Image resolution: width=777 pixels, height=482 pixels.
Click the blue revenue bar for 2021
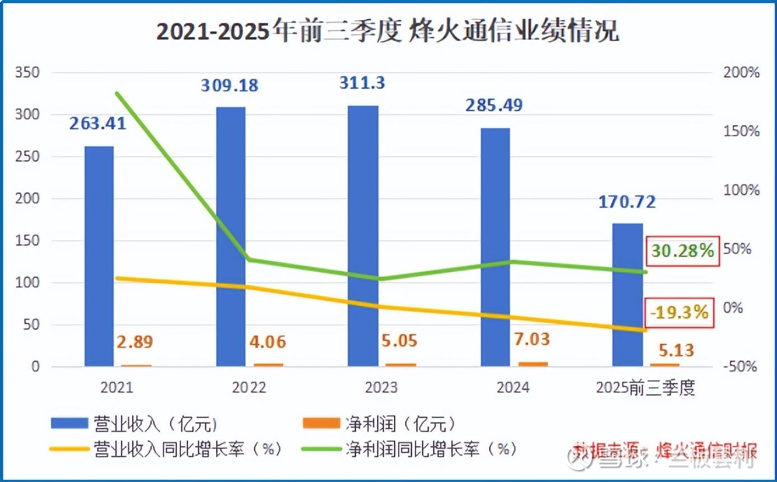99,256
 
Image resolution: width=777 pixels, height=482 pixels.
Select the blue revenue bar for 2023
362,236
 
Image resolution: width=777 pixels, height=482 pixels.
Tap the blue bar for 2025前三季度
627,295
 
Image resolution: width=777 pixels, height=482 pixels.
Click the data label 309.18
230,86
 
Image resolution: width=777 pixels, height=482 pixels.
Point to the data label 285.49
494,105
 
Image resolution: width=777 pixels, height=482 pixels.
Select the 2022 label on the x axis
249,388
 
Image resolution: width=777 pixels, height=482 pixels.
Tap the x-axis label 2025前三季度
645,388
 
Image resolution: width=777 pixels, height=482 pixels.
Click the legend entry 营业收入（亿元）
134,424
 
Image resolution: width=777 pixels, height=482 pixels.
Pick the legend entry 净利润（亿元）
379,424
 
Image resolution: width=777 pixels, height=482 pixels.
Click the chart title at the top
387,32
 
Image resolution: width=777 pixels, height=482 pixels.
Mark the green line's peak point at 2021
116,93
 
